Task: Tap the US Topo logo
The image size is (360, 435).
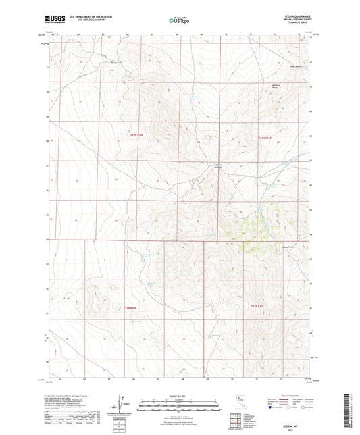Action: (x=179, y=20)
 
